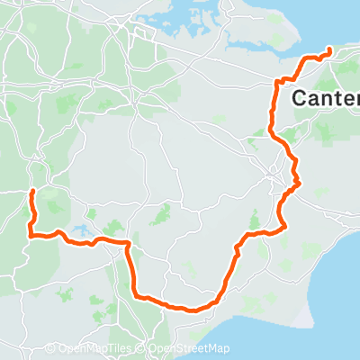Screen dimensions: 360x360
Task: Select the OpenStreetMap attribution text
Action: tap(188, 349)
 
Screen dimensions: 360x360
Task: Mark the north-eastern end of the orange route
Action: tap(329, 49)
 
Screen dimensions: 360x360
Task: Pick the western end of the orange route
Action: tap(32, 192)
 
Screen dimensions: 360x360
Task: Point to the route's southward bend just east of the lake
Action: tap(129, 244)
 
